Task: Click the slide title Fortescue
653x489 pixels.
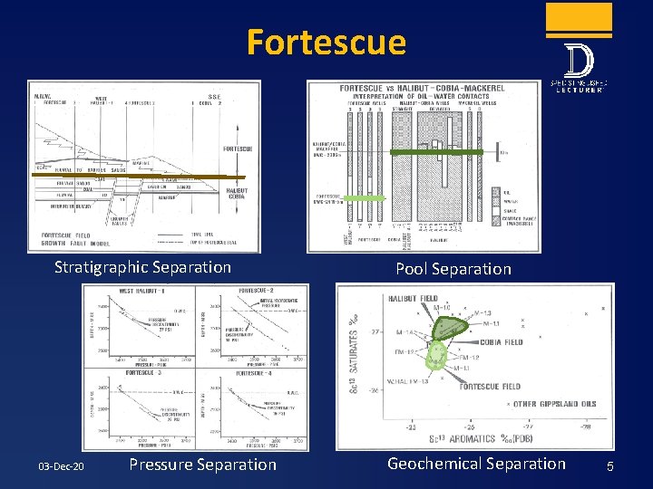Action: coord(326,43)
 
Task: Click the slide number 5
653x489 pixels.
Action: coord(610,466)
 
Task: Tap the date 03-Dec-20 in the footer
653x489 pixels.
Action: coord(61,465)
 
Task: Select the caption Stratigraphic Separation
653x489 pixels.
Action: coord(142,267)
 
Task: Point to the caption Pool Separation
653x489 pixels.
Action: coord(453,268)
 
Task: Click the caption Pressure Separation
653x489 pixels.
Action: coord(202,465)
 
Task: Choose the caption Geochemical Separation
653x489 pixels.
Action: coord(476,464)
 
